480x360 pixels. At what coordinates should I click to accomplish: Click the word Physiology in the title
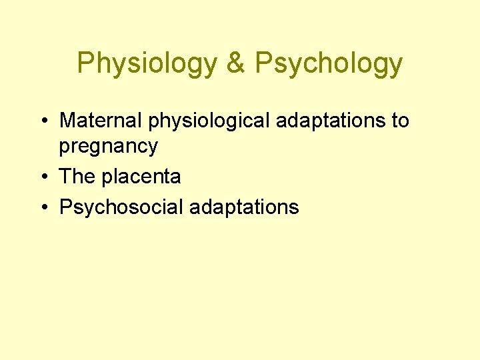(147, 63)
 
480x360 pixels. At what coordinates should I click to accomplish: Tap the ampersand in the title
(236, 63)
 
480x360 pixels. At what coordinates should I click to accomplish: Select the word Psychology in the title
(329, 63)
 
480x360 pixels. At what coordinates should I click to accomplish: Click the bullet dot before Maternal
(43, 121)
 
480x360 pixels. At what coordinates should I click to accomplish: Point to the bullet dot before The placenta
(43, 177)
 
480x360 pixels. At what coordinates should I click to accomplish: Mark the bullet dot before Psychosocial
(43, 207)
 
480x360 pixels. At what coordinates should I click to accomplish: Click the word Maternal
(101, 121)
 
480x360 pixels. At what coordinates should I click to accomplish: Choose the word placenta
(141, 177)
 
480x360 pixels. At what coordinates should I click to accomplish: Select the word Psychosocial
(121, 207)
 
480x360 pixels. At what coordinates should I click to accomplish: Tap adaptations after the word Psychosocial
(244, 207)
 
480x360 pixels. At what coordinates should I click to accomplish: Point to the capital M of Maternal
(67, 121)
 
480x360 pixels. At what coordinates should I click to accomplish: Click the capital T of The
(65, 177)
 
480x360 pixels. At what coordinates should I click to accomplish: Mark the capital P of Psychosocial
(65, 207)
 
